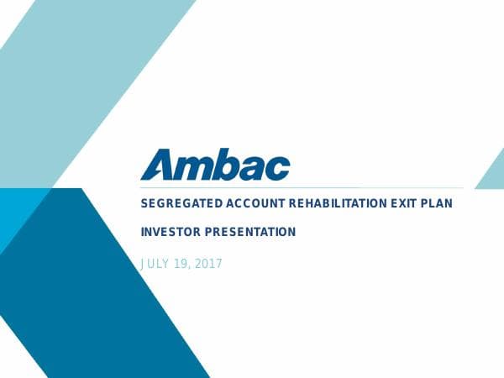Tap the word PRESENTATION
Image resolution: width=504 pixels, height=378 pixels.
tap(252, 232)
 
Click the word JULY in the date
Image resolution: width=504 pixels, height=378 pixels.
tap(156, 264)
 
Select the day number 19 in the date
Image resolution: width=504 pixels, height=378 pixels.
tap(185, 264)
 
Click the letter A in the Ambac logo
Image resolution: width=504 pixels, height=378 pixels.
tap(157, 164)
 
